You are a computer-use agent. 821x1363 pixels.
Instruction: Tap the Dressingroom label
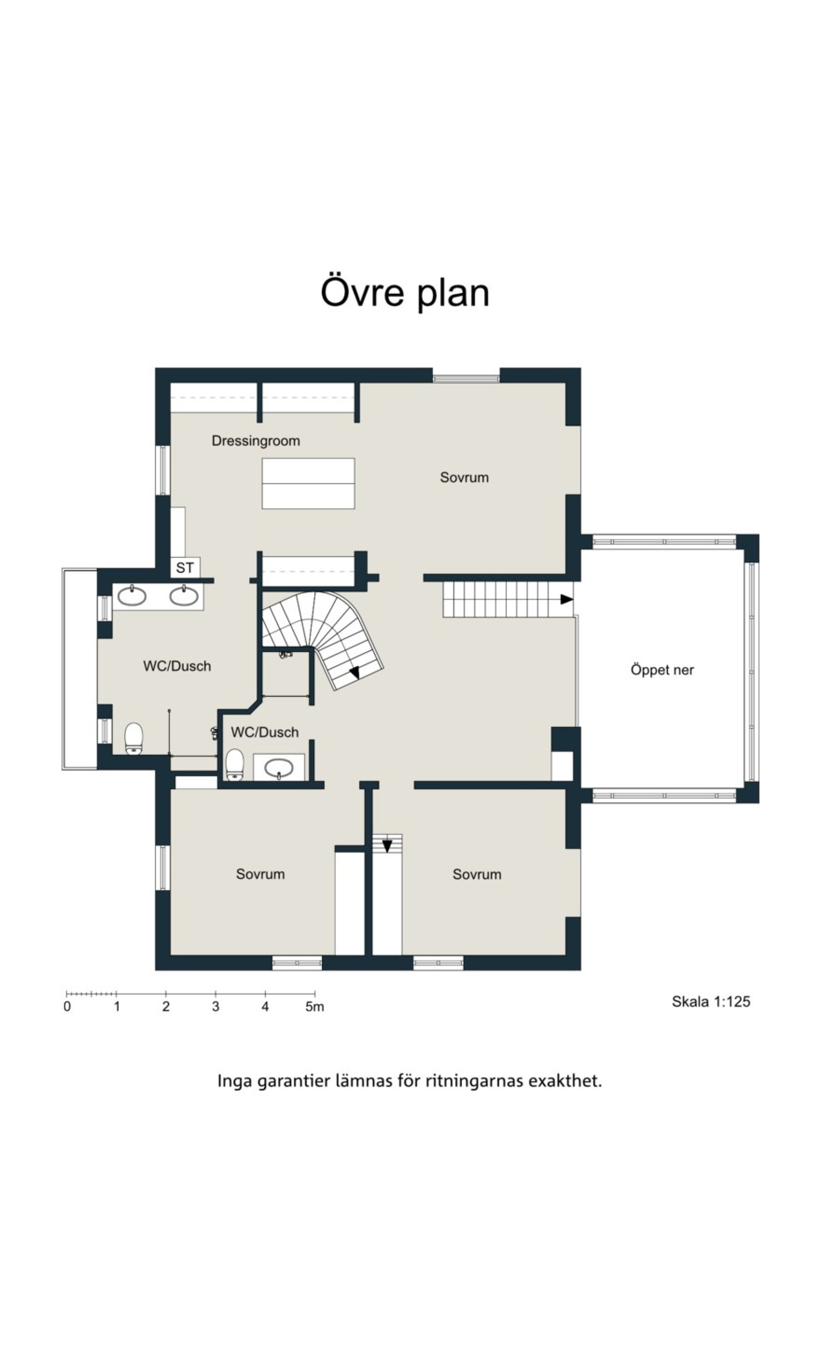point(256,441)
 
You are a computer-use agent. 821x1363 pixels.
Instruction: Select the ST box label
point(185,567)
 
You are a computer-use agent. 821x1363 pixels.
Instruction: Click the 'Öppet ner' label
point(662,670)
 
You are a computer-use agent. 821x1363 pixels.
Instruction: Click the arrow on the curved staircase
point(355,673)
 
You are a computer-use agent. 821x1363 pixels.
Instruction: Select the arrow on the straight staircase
point(566,599)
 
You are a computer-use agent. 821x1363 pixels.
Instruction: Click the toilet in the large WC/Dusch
point(134,738)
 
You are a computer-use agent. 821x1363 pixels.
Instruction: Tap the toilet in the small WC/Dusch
point(235,765)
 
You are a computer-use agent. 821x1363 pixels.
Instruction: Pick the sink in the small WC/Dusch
point(279,768)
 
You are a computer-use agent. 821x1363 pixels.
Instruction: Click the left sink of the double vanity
point(132,596)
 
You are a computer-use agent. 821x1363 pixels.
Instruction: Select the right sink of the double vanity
point(184,596)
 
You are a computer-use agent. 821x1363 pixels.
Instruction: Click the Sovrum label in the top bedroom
point(464,477)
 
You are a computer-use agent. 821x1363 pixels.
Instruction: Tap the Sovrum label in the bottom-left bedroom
point(260,874)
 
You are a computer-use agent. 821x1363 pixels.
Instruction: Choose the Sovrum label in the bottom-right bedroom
point(477,874)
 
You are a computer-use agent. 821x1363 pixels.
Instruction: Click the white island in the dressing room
point(308,483)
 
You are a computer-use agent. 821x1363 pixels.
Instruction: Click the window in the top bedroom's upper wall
point(466,379)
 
